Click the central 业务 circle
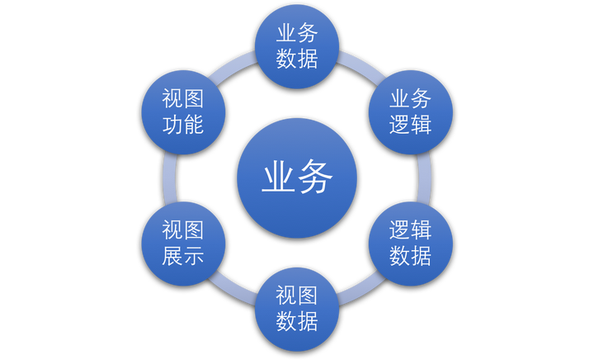(x=297, y=178)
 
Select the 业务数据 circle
(x=297, y=46)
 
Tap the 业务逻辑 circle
(x=410, y=111)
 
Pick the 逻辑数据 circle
(x=410, y=244)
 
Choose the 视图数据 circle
(x=297, y=309)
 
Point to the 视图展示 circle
(x=183, y=244)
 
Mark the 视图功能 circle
(x=183, y=111)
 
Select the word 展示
(x=183, y=257)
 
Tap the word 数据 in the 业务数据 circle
(x=297, y=59)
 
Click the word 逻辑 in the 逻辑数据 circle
(x=410, y=230)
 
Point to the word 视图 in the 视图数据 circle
(x=297, y=296)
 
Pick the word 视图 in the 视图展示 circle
(x=183, y=230)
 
